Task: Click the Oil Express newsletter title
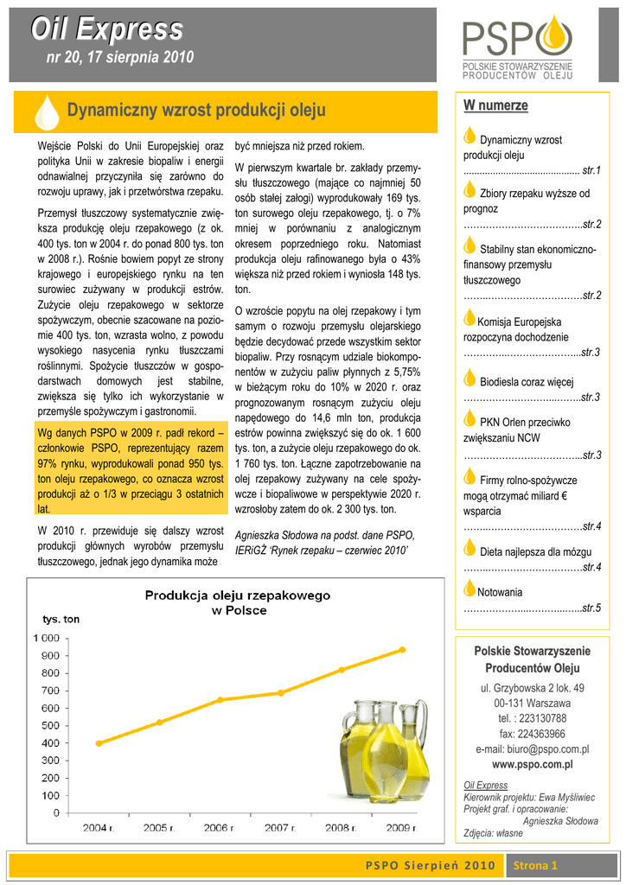coord(106,29)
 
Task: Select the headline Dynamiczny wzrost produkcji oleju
coord(196,111)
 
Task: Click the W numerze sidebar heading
coord(495,105)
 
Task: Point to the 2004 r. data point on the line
coord(99,743)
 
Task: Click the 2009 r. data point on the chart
coord(401,650)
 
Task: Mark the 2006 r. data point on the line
coord(220,699)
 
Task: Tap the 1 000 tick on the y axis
coord(47,638)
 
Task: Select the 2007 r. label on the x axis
coord(280,828)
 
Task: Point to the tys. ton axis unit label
coord(61,619)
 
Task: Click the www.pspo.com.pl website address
coord(532,765)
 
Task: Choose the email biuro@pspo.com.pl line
coord(532,749)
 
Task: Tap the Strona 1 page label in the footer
coord(536,865)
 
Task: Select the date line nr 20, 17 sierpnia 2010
coord(119,58)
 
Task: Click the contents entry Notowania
coord(500,593)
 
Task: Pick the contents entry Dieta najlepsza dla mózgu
coord(523,551)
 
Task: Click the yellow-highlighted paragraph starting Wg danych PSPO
coord(131,470)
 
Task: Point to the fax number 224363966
coord(533,734)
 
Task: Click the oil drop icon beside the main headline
coord(46,111)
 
